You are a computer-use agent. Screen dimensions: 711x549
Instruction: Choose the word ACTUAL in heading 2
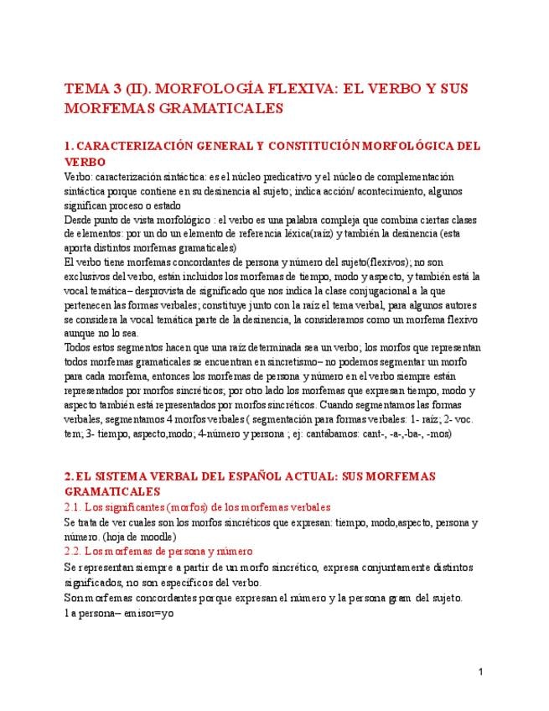pos(344,476)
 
